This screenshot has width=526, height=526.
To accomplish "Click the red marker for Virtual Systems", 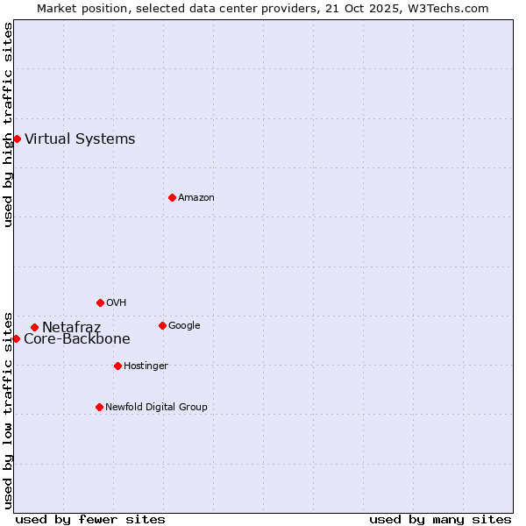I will [x=17, y=139].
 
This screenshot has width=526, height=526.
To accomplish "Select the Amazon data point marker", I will [x=172, y=197].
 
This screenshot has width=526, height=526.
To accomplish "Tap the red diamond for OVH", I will [x=100, y=302].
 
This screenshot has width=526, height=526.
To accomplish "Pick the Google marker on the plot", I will [x=162, y=325].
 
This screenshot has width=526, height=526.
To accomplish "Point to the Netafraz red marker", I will [x=34, y=328].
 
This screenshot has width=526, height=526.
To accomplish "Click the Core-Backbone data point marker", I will [x=16, y=338].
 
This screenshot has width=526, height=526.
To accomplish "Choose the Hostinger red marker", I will [x=117, y=366].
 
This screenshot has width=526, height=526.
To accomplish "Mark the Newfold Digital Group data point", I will [x=99, y=407].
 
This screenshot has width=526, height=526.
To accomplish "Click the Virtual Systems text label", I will [x=80, y=139].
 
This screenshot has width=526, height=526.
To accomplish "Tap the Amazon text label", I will [x=196, y=197].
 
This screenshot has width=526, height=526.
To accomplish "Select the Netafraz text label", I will [x=71, y=328].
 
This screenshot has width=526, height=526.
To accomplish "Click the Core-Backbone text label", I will [x=77, y=339].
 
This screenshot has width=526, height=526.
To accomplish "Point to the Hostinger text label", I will [x=146, y=366].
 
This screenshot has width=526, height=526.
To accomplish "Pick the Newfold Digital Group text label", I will [x=156, y=407].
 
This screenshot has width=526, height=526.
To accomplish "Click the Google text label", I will [x=184, y=325].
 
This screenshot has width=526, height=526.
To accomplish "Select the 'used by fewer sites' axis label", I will [x=90, y=519].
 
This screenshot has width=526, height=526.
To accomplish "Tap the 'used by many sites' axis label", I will [x=440, y=519].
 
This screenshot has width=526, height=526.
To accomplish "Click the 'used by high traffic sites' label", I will [x=8, y=124].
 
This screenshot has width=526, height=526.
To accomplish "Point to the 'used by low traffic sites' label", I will [x=8, y=409].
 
